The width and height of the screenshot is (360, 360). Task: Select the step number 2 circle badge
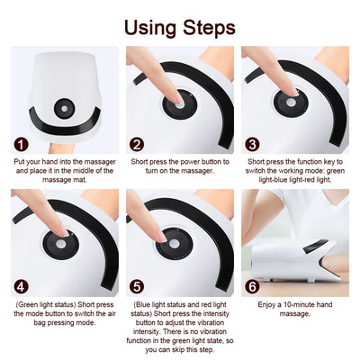[137, 144]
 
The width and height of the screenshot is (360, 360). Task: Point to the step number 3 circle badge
[252, 144]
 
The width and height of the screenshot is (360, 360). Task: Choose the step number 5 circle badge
[137, 288]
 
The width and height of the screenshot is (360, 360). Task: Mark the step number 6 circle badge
[252, 288]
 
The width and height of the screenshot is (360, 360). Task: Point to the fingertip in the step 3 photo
[290, 87]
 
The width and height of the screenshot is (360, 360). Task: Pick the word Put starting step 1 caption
[20, 163]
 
